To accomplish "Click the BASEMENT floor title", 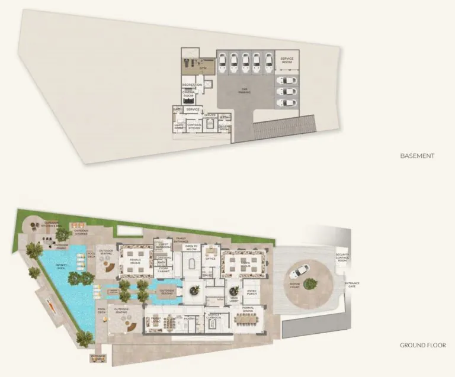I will coord(418,156).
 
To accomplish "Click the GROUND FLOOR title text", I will coord(422,345).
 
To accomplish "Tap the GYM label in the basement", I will coord(202,68).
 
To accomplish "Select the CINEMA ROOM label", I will coord(188,94).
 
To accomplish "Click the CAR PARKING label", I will coord(244,91).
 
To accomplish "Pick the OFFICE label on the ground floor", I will coord(209,258).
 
